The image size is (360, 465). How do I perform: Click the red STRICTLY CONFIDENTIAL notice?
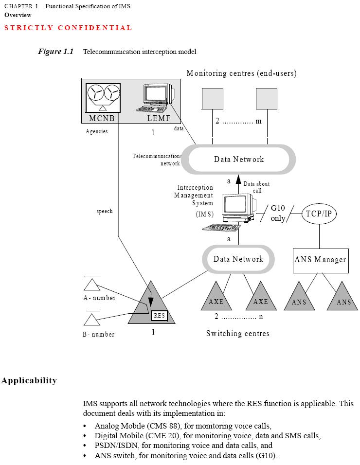point(68,28)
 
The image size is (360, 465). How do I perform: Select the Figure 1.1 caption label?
point(55,51)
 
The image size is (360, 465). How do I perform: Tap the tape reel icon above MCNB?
point(103,96)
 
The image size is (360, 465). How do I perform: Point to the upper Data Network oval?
point(239,159)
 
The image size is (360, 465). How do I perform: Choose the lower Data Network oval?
point(238,259)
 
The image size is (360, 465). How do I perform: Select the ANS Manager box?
point(320,259)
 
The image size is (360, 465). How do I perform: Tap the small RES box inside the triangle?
point(159,316)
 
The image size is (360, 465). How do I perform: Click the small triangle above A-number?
point(91,285)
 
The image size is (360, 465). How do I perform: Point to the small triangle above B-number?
point(91,320)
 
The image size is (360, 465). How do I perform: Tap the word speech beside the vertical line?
point(104,211)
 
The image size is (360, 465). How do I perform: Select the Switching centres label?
point(237,334)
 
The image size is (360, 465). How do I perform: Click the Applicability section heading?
point(29,380)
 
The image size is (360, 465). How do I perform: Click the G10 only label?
point(278,213)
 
